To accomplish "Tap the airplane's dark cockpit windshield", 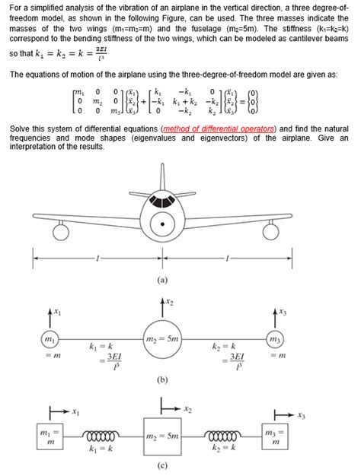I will (x=162, y=202).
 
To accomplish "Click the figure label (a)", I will (x=162, y=280).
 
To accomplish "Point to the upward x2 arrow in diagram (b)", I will (x=161, y=308).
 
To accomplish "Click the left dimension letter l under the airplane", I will (x=97, y=259).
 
